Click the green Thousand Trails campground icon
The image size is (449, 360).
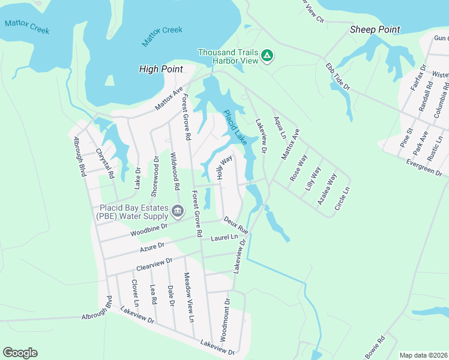coord(268,56)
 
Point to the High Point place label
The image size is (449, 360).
coord(161,69)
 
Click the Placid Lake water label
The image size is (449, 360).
coord(235,127)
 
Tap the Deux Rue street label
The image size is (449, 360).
coord(236,225)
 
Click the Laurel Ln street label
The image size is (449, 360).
coord(224,238)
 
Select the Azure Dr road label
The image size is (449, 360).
coord(152,247)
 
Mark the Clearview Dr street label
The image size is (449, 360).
coord(154,262)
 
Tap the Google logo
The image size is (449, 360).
coord(20,353)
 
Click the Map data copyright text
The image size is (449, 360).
coord(423,355)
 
